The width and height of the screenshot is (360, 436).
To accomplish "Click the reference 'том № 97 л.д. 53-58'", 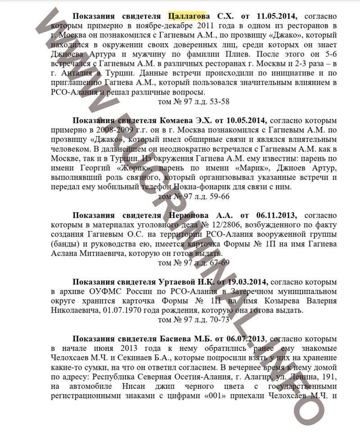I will click(194, 102).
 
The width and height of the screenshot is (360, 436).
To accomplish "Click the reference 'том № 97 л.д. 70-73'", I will click(194, 320).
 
